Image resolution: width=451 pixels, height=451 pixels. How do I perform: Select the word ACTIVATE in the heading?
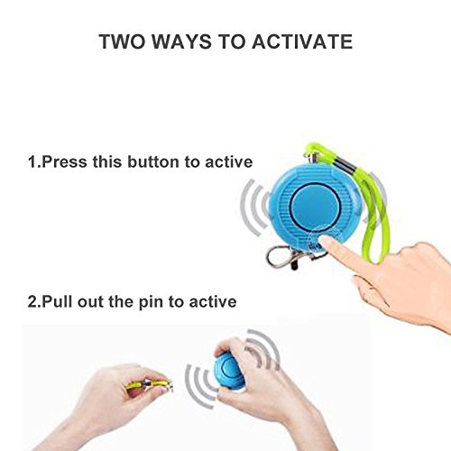tap(302, 41)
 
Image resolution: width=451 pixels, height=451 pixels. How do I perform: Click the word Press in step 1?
tap(65, 161)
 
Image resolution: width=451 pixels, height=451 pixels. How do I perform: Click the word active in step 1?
tap(229, 161)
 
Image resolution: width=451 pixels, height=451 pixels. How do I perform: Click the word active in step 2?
tap(213, 301)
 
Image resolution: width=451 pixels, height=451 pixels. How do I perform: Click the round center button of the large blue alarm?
tap(316, 203)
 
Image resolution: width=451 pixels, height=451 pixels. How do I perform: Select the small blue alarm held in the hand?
tap(228, 372)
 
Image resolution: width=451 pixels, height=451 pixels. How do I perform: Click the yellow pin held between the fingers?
tap(148, 384)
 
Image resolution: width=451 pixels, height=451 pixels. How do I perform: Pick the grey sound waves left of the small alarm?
tap(200, 385)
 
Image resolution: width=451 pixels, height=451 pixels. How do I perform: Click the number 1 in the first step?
tap(32, 161)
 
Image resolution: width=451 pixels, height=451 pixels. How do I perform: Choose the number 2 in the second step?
tap(32, 301)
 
